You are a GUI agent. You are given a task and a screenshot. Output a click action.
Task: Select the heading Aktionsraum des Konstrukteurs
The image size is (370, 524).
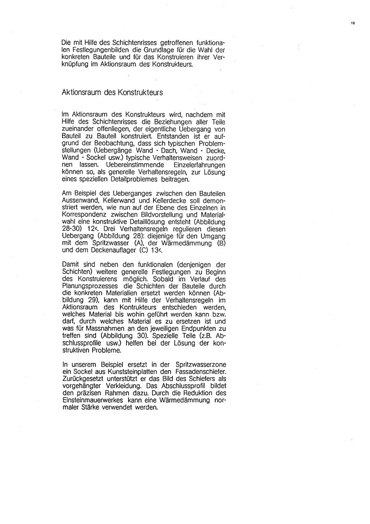[x=112, y=93]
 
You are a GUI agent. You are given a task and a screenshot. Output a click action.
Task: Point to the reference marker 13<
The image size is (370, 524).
[x=124, y=250]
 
